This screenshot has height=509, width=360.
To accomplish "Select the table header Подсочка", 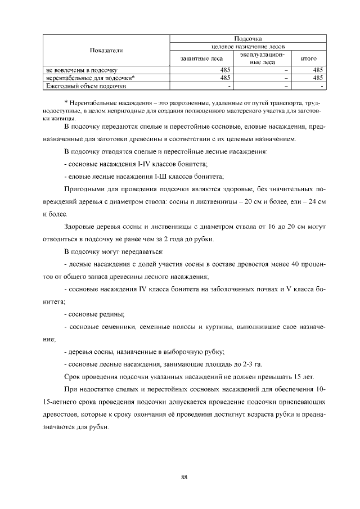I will tap(248, 37).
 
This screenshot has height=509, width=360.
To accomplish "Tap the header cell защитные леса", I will tap(201, 57).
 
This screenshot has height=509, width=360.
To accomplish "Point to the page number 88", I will tap(184, 478).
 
